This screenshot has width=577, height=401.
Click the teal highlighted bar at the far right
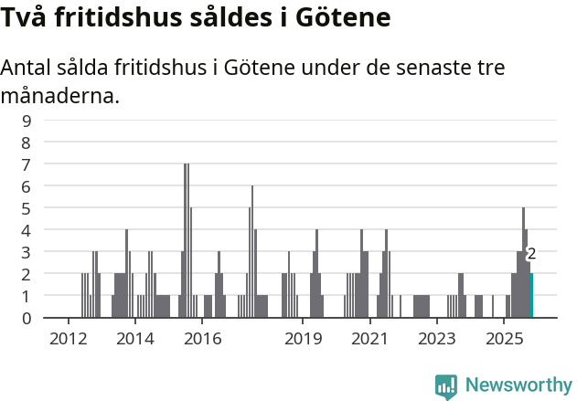531,295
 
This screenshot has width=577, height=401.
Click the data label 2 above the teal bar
531,254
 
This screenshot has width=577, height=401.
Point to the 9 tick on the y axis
27,120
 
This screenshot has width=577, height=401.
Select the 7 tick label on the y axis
27,164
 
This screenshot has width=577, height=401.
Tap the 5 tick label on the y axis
27,208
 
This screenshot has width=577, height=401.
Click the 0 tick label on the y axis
27,318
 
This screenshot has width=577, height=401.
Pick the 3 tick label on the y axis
27,252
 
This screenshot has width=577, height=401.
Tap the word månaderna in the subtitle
60,94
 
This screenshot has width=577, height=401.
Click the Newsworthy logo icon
446,386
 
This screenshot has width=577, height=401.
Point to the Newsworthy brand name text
518,386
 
